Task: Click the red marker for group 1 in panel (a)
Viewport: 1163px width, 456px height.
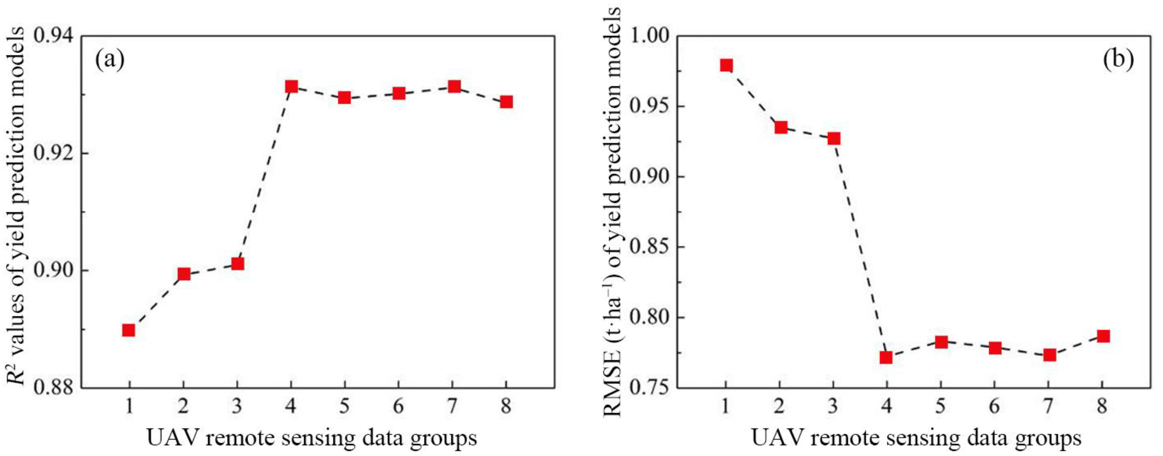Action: pyautogui.click(x=129, y=330)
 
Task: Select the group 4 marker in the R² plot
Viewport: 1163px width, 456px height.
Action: pyautogui.click(x=291, y=86)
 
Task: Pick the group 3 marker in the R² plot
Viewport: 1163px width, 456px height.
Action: pyautogui.click(x=237, y=263)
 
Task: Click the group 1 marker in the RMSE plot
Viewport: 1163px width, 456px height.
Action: pyautogui.click(x=726, y=65)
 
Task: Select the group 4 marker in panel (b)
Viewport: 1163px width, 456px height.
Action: pyautogui.click(x=886, y=357)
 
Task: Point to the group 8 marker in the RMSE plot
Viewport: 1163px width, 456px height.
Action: pyautogui.click(x=1103, y=336)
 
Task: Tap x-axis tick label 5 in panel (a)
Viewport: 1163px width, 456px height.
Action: pyautogui.click(x=344, y=407)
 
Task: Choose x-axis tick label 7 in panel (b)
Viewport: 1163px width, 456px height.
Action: pyautogui.click(x=1049, y=407)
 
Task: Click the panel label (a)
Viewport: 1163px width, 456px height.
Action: pyautogui.click(x=110, y=60)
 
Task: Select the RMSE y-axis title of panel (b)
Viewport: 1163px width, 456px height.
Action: pyautogui.click(x=613, y=212)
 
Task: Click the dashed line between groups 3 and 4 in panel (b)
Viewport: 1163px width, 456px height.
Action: pyautogui.click(x=860, y=248)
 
